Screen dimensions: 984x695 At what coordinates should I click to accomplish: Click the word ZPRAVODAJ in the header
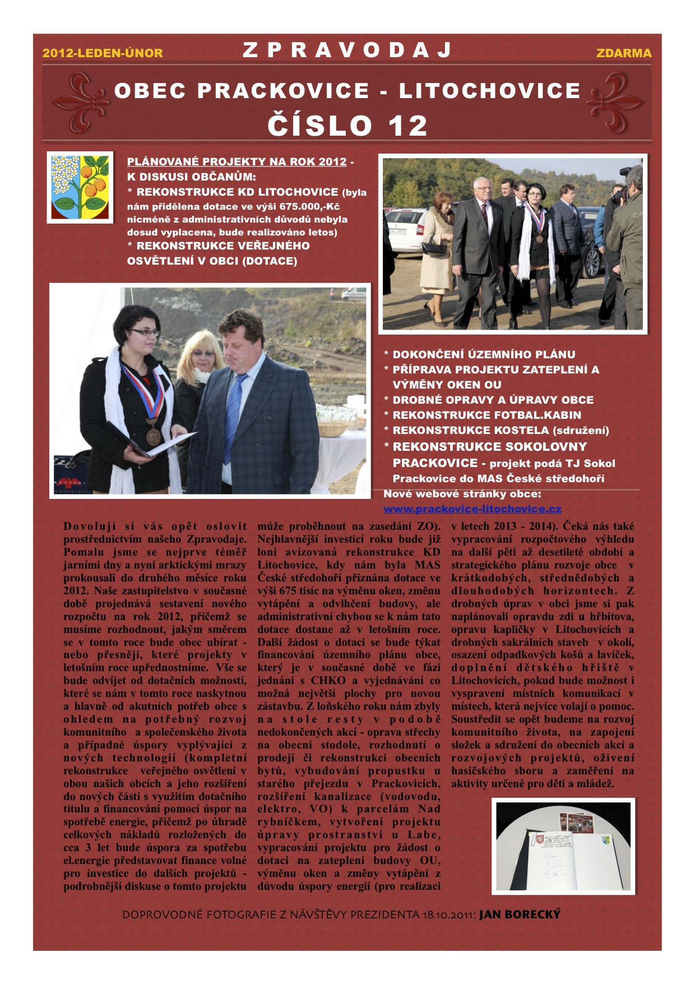[x=347, y=50]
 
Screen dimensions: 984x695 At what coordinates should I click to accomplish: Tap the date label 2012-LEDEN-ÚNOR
[x=103, y=53]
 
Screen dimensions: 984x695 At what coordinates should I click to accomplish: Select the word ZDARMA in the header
[x=623, y=53]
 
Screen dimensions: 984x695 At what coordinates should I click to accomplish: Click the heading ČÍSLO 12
[x=347, y=125]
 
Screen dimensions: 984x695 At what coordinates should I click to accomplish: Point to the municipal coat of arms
[x=80, y=187]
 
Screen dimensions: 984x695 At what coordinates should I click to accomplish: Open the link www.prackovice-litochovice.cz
[x=472, y=509]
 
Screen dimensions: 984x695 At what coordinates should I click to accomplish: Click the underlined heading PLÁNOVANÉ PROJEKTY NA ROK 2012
[x=237, y=162]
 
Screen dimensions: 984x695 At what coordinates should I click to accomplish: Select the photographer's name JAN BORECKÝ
[x=520, y=914]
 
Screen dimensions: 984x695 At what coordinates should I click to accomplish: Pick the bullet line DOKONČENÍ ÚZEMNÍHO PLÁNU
[x=484, y=354]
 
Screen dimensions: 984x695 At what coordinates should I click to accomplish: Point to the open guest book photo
[x=563, y=846]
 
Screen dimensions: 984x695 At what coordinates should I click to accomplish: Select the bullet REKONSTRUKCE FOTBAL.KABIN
[x=486, y=415]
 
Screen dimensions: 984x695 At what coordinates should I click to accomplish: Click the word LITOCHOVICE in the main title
[x=489, y=91]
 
